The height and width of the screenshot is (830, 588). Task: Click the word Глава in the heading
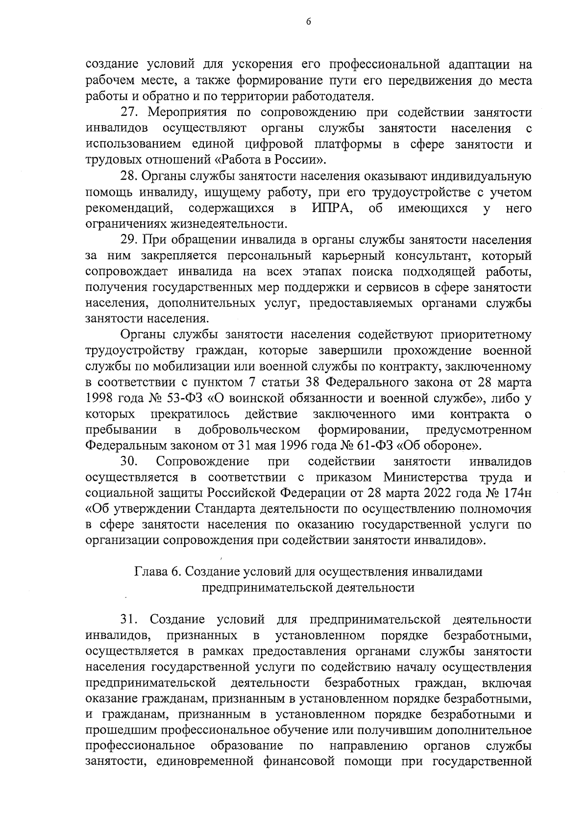(149, 572)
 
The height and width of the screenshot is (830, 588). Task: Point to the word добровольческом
(249, 430)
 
